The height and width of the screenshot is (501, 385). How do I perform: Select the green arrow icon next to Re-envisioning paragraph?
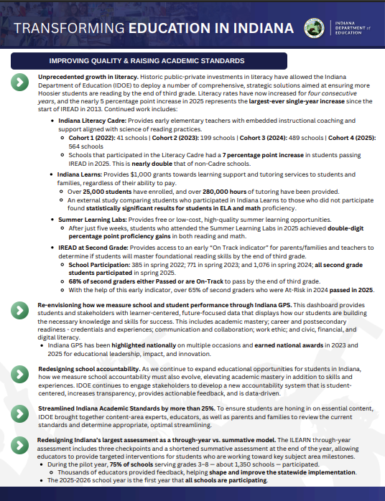point(19,310)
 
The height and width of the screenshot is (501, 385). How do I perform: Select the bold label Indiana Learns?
point(81,174)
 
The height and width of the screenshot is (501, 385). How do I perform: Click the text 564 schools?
point(83,146)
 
